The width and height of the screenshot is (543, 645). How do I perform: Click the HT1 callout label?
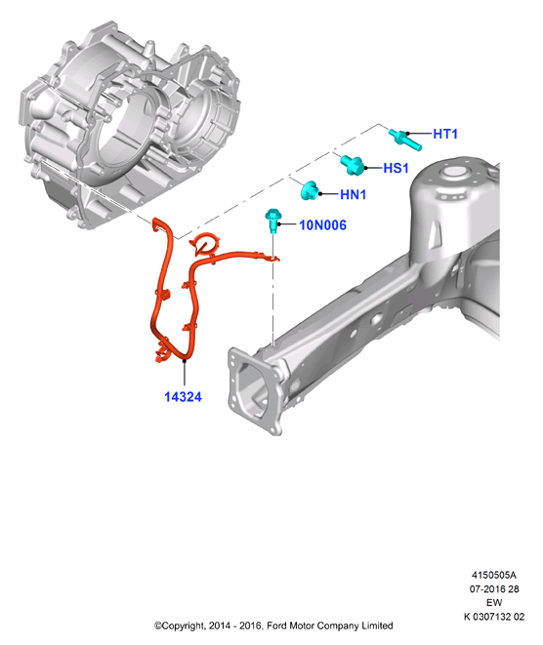(445, 134)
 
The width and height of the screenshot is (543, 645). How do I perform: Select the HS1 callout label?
(396, 168)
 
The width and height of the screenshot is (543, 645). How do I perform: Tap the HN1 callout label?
(353, 194)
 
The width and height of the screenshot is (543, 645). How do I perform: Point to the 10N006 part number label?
(322, 225)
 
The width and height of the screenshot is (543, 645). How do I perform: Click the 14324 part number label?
(183, 397)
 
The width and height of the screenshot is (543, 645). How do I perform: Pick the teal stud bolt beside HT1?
(405, 140)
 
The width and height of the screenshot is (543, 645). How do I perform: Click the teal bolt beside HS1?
(353, 165)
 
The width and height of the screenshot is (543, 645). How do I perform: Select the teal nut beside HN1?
(310, 191)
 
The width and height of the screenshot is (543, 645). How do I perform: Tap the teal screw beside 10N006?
(272, 220)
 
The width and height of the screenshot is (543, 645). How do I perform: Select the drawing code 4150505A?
(493, 575)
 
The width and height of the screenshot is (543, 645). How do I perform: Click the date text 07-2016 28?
(494, 588)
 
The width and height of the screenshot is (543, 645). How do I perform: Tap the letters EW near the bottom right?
(494, 602)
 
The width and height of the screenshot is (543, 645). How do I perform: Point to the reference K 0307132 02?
(494, 616)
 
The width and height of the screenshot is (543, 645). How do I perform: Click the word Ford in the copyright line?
(275, 625)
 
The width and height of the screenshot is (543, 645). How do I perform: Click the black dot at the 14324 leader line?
(185, 361)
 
